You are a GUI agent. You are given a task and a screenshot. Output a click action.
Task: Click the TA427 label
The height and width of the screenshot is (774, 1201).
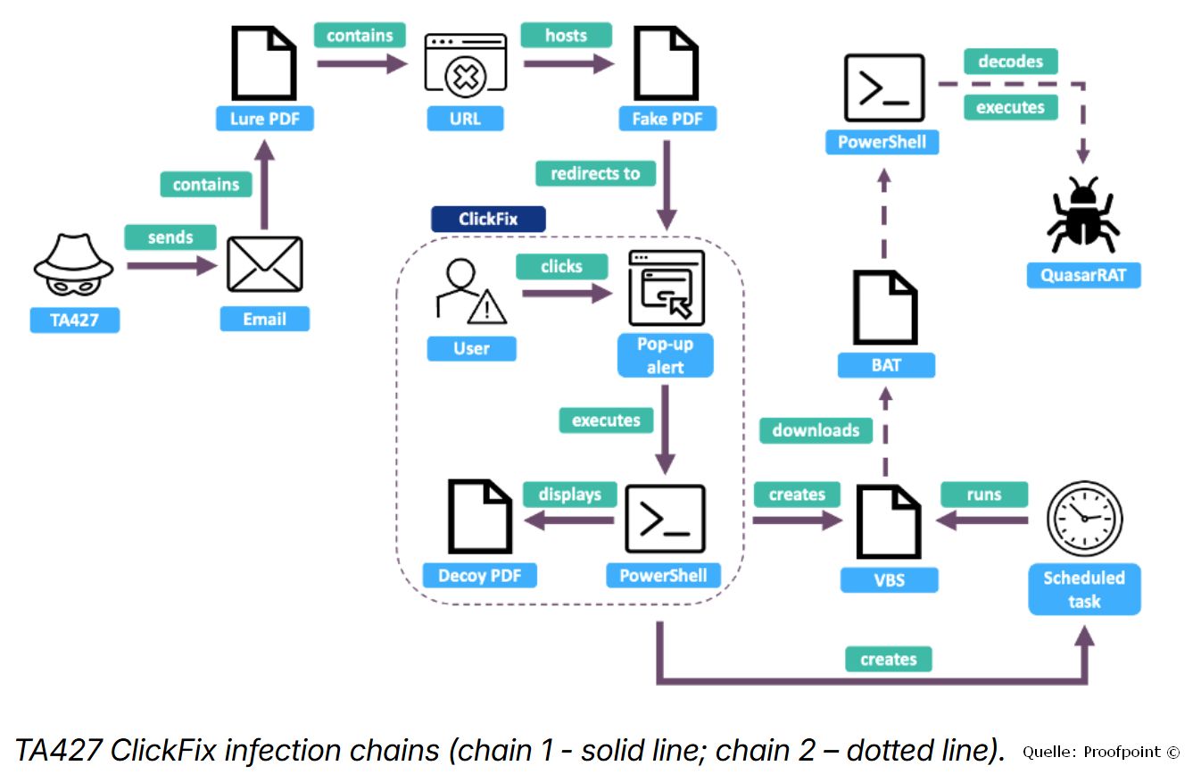75,320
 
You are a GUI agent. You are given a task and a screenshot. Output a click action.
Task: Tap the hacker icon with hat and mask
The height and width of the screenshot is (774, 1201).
73,265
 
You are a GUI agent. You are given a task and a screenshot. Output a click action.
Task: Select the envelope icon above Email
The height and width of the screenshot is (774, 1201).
265,264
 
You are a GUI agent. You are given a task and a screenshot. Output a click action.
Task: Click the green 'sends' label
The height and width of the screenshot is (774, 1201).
170,237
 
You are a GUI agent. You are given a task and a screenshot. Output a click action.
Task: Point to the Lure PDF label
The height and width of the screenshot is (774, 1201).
265,119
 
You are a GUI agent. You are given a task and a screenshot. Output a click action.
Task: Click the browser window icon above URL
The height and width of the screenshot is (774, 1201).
466,65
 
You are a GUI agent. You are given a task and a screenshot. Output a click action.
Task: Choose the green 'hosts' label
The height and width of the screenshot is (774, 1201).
567,36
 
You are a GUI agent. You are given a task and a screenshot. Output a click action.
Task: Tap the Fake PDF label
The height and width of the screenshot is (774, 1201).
667,119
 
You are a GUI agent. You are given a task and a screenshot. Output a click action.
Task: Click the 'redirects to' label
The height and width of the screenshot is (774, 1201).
596,173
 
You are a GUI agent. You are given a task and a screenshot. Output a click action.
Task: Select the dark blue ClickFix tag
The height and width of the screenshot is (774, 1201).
488,219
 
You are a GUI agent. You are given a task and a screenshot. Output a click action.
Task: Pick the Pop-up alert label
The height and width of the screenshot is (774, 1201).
666,355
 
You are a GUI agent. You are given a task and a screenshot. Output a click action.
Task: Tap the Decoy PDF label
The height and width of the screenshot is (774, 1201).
480,576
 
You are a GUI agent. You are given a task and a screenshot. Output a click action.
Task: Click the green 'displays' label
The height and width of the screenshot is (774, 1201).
570,494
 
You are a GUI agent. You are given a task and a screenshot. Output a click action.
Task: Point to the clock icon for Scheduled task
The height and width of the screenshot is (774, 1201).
1085,518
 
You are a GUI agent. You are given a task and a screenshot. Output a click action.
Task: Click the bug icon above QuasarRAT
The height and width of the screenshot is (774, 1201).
1083,214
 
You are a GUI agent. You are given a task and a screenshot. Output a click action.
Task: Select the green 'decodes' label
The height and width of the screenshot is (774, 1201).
1011,61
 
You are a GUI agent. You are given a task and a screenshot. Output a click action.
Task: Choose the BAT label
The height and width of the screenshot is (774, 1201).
886,365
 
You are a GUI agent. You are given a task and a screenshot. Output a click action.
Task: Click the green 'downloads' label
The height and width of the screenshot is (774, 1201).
816,430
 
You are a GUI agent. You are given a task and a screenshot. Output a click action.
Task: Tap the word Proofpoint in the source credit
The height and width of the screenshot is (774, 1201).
1122,752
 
